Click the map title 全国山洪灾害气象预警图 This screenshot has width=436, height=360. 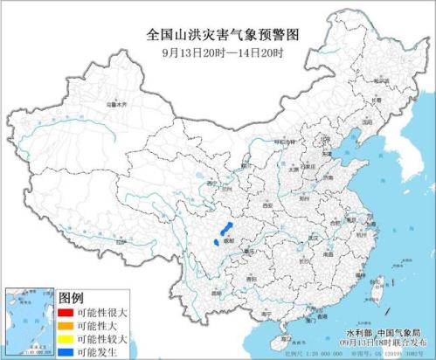point(219,34)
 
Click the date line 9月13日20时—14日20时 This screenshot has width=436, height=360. point(219,51)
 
